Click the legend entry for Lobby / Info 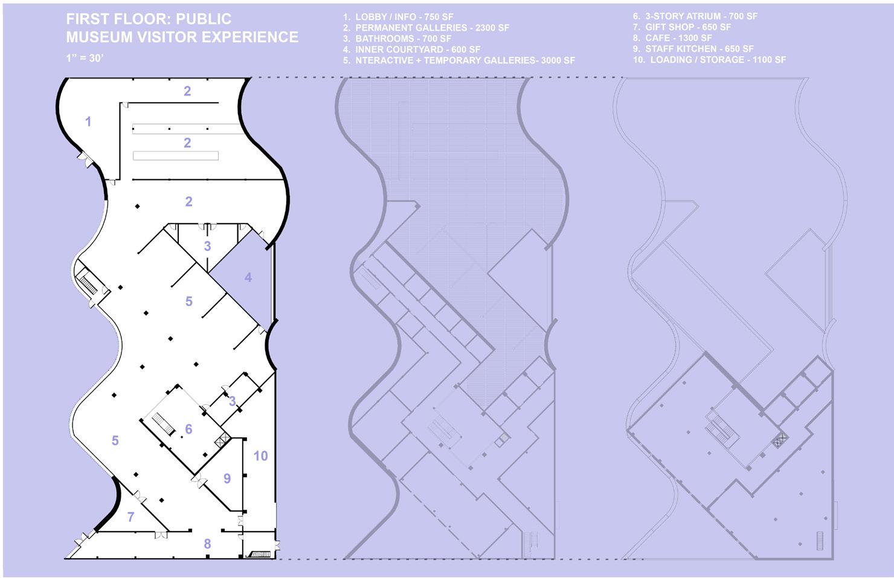[398, 17]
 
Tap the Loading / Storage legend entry [709, 59]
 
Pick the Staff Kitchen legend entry [693, 48]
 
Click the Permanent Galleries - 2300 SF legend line [426, 28]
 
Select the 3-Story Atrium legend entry [695, 16]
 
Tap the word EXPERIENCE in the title [249, 37]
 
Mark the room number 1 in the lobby [88, 122]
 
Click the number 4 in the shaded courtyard [248, 278]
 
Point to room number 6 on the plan [188, 429]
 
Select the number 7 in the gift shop [131, 517]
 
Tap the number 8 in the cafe [207, 544]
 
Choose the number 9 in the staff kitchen [227, 478]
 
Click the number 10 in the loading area [260, 455]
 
